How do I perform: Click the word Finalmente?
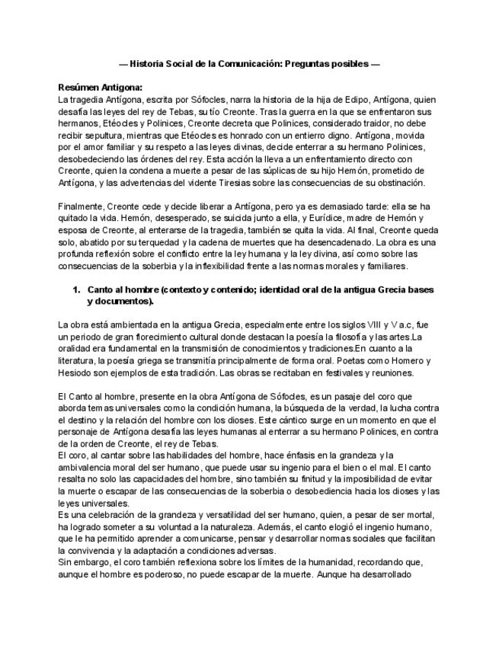point(85,206)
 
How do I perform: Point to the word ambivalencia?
point(89,465)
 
